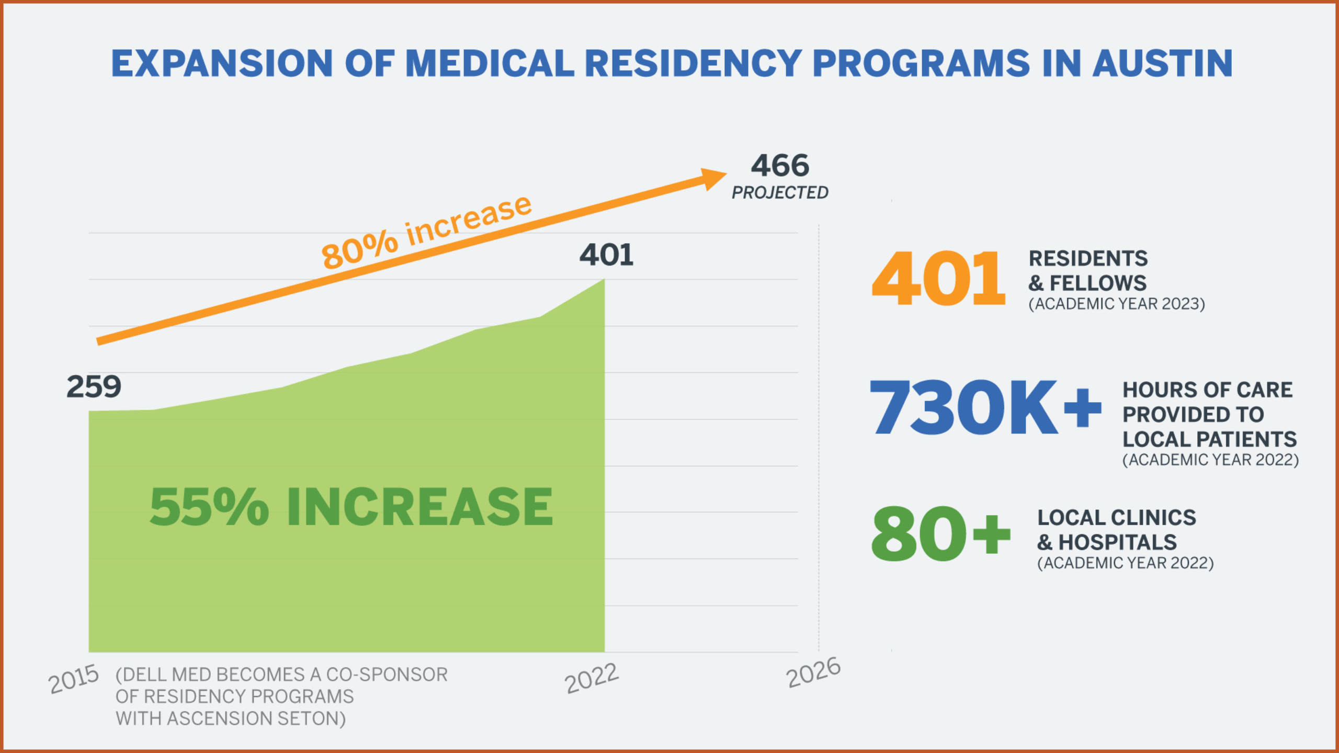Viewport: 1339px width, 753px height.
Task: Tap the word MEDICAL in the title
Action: tap(490, 64)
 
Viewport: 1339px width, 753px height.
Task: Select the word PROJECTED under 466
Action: tap(780, 193)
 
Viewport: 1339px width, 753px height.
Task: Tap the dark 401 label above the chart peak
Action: tap(606, 255)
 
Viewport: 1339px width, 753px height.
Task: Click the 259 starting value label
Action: tap(94, 387)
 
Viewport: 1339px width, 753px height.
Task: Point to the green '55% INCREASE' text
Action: tap(351, 507)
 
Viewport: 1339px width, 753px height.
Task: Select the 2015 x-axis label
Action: tap(73, 679)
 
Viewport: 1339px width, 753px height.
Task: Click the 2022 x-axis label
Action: tap(592, 679)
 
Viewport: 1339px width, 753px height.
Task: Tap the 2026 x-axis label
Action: tap(813, 672)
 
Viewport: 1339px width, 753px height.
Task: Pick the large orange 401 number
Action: tap(938, 278)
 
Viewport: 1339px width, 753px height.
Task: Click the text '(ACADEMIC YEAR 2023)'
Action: tap(1117, 304)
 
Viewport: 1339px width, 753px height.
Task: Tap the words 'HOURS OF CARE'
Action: tap(1207, 390)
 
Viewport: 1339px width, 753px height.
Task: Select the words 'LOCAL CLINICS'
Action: tap(1117, 518)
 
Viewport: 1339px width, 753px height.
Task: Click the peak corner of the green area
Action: tap(604, 280)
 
